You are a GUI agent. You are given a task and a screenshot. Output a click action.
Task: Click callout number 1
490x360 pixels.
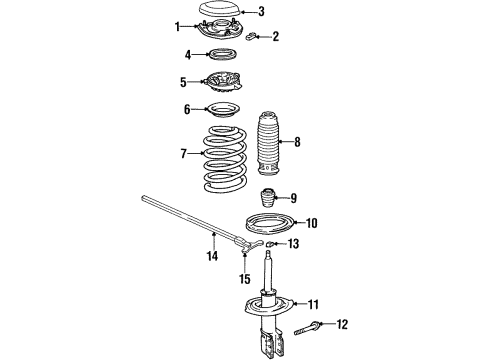tap(178, 26)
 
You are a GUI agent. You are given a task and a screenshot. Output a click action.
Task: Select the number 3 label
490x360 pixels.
tap(261, 12)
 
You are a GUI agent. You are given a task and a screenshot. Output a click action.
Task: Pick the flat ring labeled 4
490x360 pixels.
tap(224, 55)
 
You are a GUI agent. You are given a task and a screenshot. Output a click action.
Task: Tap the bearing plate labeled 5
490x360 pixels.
tap(225, 84)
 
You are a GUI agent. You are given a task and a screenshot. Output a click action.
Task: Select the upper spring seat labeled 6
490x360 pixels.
tap(225, 109)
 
